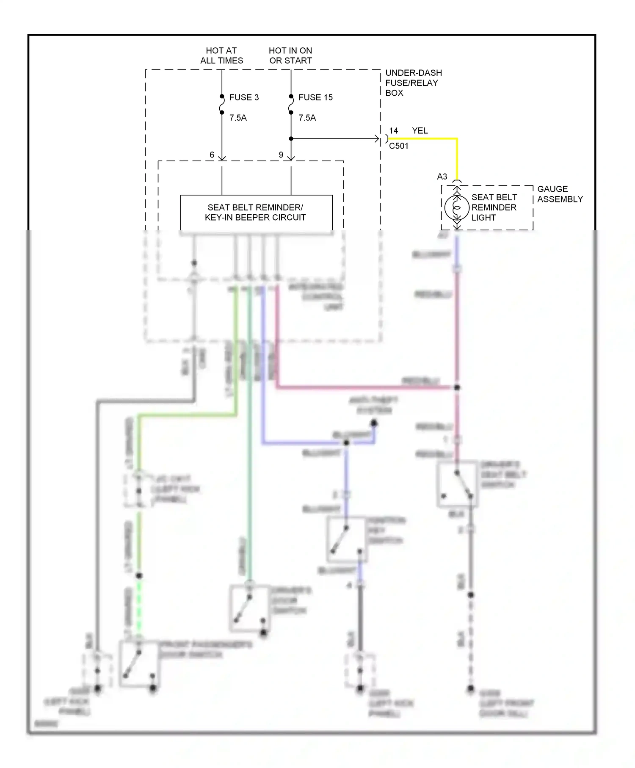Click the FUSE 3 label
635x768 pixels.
click(243, 97)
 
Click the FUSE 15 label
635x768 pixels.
click(315, 97)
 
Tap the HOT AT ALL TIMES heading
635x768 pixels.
click(221, 55)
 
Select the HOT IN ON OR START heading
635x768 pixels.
click(290, 55)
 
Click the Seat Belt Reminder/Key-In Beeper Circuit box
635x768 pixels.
click(256, 213)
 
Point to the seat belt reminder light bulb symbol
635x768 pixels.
click(457, 207)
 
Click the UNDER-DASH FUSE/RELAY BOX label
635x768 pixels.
click(413, 83)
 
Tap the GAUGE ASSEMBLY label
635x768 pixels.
click(560, 194)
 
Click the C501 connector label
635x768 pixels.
click(399, 146)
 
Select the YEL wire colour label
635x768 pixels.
click(420, 131)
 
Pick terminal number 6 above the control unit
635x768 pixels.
click(212, 155)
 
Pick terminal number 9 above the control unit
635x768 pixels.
click(281, 155)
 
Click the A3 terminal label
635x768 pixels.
click(442, 177)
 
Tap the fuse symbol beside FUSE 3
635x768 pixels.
click(222, 104)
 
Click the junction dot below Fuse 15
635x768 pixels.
click(291, 138)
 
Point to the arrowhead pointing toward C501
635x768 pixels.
click(376, 138)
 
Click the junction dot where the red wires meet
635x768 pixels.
click(457, 387)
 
